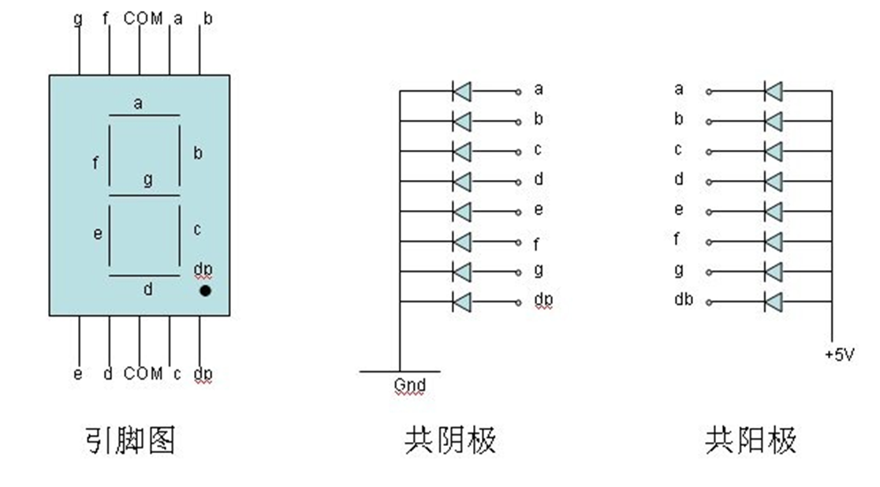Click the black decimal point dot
tap(205, 290)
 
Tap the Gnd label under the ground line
tap(409, 386)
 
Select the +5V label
tap(839, 355)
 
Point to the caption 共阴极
tap(450, 440)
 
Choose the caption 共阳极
tap(751, 440)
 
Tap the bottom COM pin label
tap(143, 373)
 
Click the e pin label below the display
tap(77, 373)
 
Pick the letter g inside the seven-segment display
tap(147, 180)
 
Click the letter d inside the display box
tap(147, 290)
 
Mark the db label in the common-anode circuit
tap(683, 300)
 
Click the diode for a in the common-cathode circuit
tap(461, 92)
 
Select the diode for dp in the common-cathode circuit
tap(461, 302)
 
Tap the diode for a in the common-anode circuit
tap(773, 92)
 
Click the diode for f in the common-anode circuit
tap(773, 242)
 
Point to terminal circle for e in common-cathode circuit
tap(518, 212)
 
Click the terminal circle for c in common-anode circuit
tap(708, 152)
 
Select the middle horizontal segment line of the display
tap(144, 195)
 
